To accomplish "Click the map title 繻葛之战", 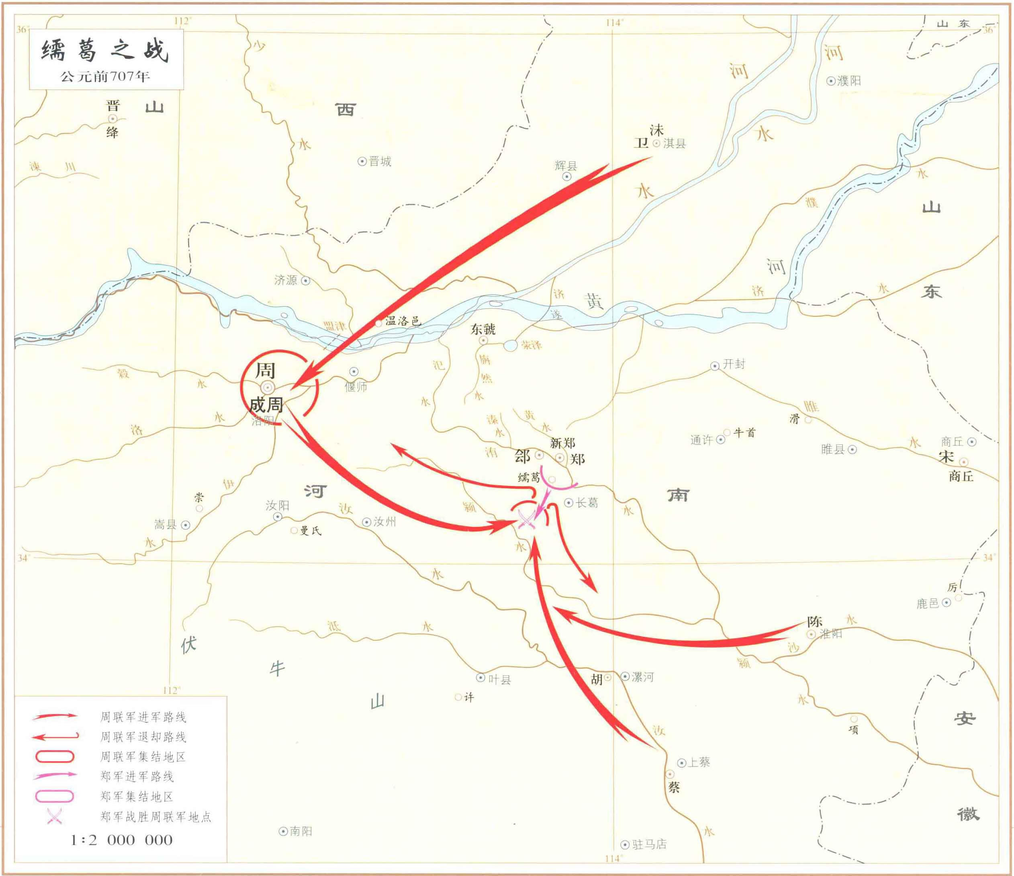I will click(x=105, y=50).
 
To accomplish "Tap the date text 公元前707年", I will click(x=105, y=77).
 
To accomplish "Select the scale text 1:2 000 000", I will click(x=122, y=840).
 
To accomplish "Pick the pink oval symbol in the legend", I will click(x=54, y=796).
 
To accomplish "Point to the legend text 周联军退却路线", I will click(x=143, y=737).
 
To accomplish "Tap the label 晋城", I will click(x=380, y=161).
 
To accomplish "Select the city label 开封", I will click(x=734, y=364).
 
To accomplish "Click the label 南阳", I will click(x=301, y=831).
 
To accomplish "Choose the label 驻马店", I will click(x=649, y=844).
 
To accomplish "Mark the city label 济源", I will click(x=286, y=280).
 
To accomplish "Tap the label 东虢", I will click(x=483, y=329).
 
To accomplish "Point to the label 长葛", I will click(x=587, y=503).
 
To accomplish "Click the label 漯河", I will click(x=642, y=677).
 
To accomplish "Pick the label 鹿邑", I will click(x=927, y=603).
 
